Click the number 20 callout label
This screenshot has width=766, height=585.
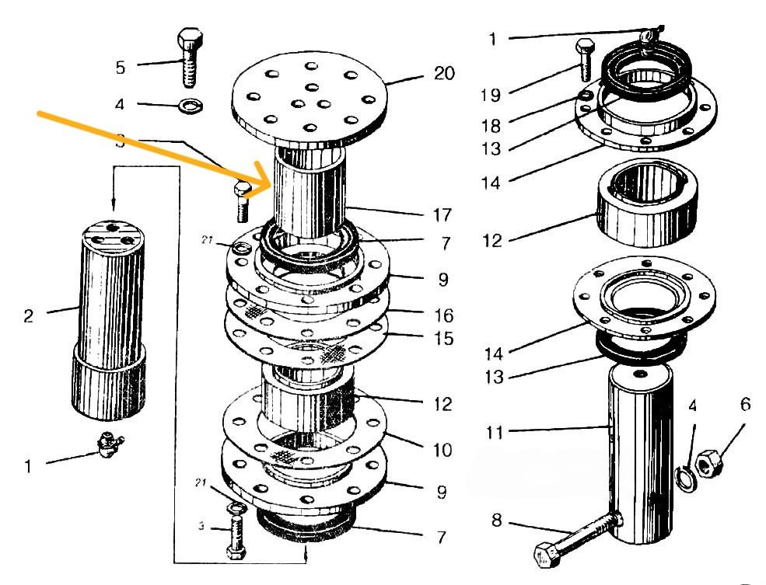pos(444,74)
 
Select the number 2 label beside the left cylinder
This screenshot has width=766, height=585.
pos(29,317)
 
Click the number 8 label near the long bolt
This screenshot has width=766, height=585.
pos(498,520)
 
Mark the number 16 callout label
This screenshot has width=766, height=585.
pos(444,316)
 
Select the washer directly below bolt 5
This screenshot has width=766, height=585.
pos(187,104)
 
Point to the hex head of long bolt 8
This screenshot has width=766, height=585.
pos(544,555)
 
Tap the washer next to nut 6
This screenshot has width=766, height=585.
pos(684,477)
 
